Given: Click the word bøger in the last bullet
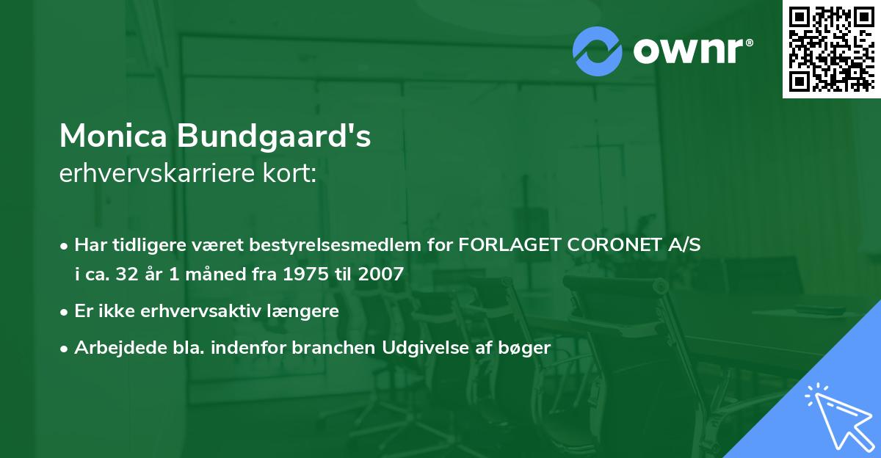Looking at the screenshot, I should pos(527,348).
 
